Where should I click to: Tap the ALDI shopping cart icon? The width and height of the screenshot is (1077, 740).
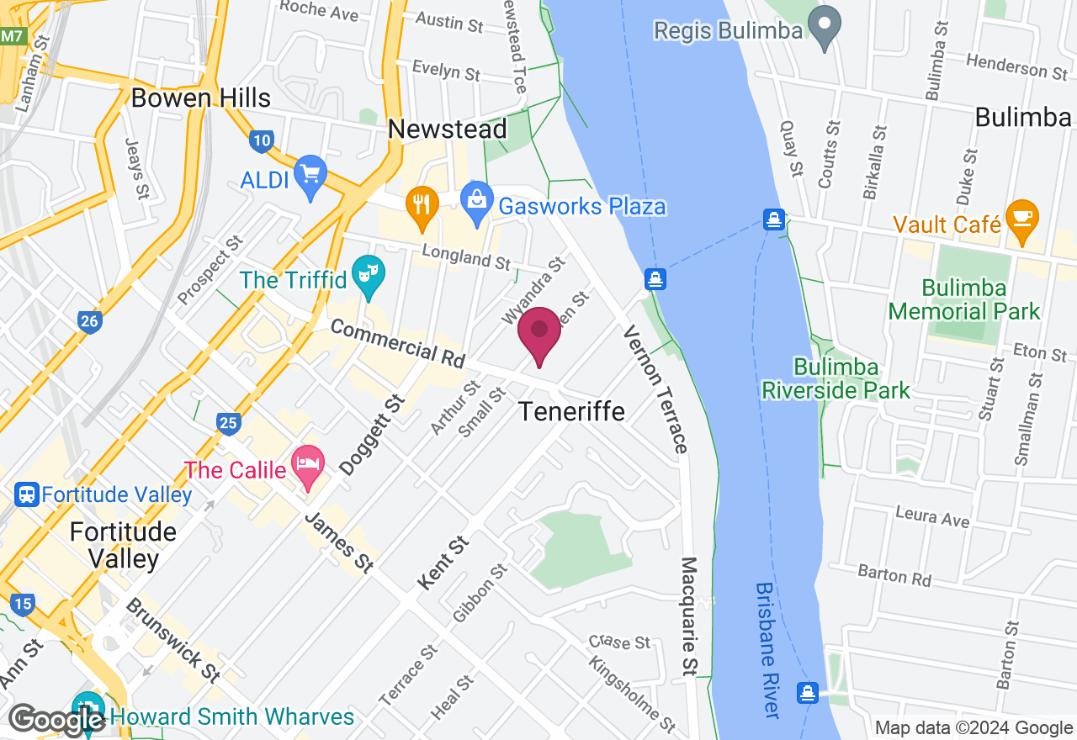(310, 173)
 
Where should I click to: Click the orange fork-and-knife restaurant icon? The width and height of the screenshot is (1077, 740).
(422, 204)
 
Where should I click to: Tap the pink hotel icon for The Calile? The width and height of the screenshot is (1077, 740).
(308, 464)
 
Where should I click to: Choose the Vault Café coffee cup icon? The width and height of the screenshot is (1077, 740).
(1021, 218)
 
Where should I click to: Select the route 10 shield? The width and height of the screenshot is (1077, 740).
(262, 140)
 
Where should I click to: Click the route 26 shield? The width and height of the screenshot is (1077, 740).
(89, 320)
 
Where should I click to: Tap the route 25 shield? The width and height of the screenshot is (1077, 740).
(228, 422)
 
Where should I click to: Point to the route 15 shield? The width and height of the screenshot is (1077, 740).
(23, 603)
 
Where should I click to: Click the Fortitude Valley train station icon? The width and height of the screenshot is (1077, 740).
(27, 494)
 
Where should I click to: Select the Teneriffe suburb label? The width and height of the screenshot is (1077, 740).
(571, 411)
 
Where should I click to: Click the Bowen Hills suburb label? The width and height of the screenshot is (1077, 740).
(201, 98)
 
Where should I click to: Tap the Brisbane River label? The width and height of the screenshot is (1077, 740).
(767, 649)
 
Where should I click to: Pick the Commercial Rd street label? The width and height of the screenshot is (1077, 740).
(397, 342)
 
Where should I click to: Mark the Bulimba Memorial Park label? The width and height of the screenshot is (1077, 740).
(964, 299)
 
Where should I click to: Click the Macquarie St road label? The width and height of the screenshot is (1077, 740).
(689, 616)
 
